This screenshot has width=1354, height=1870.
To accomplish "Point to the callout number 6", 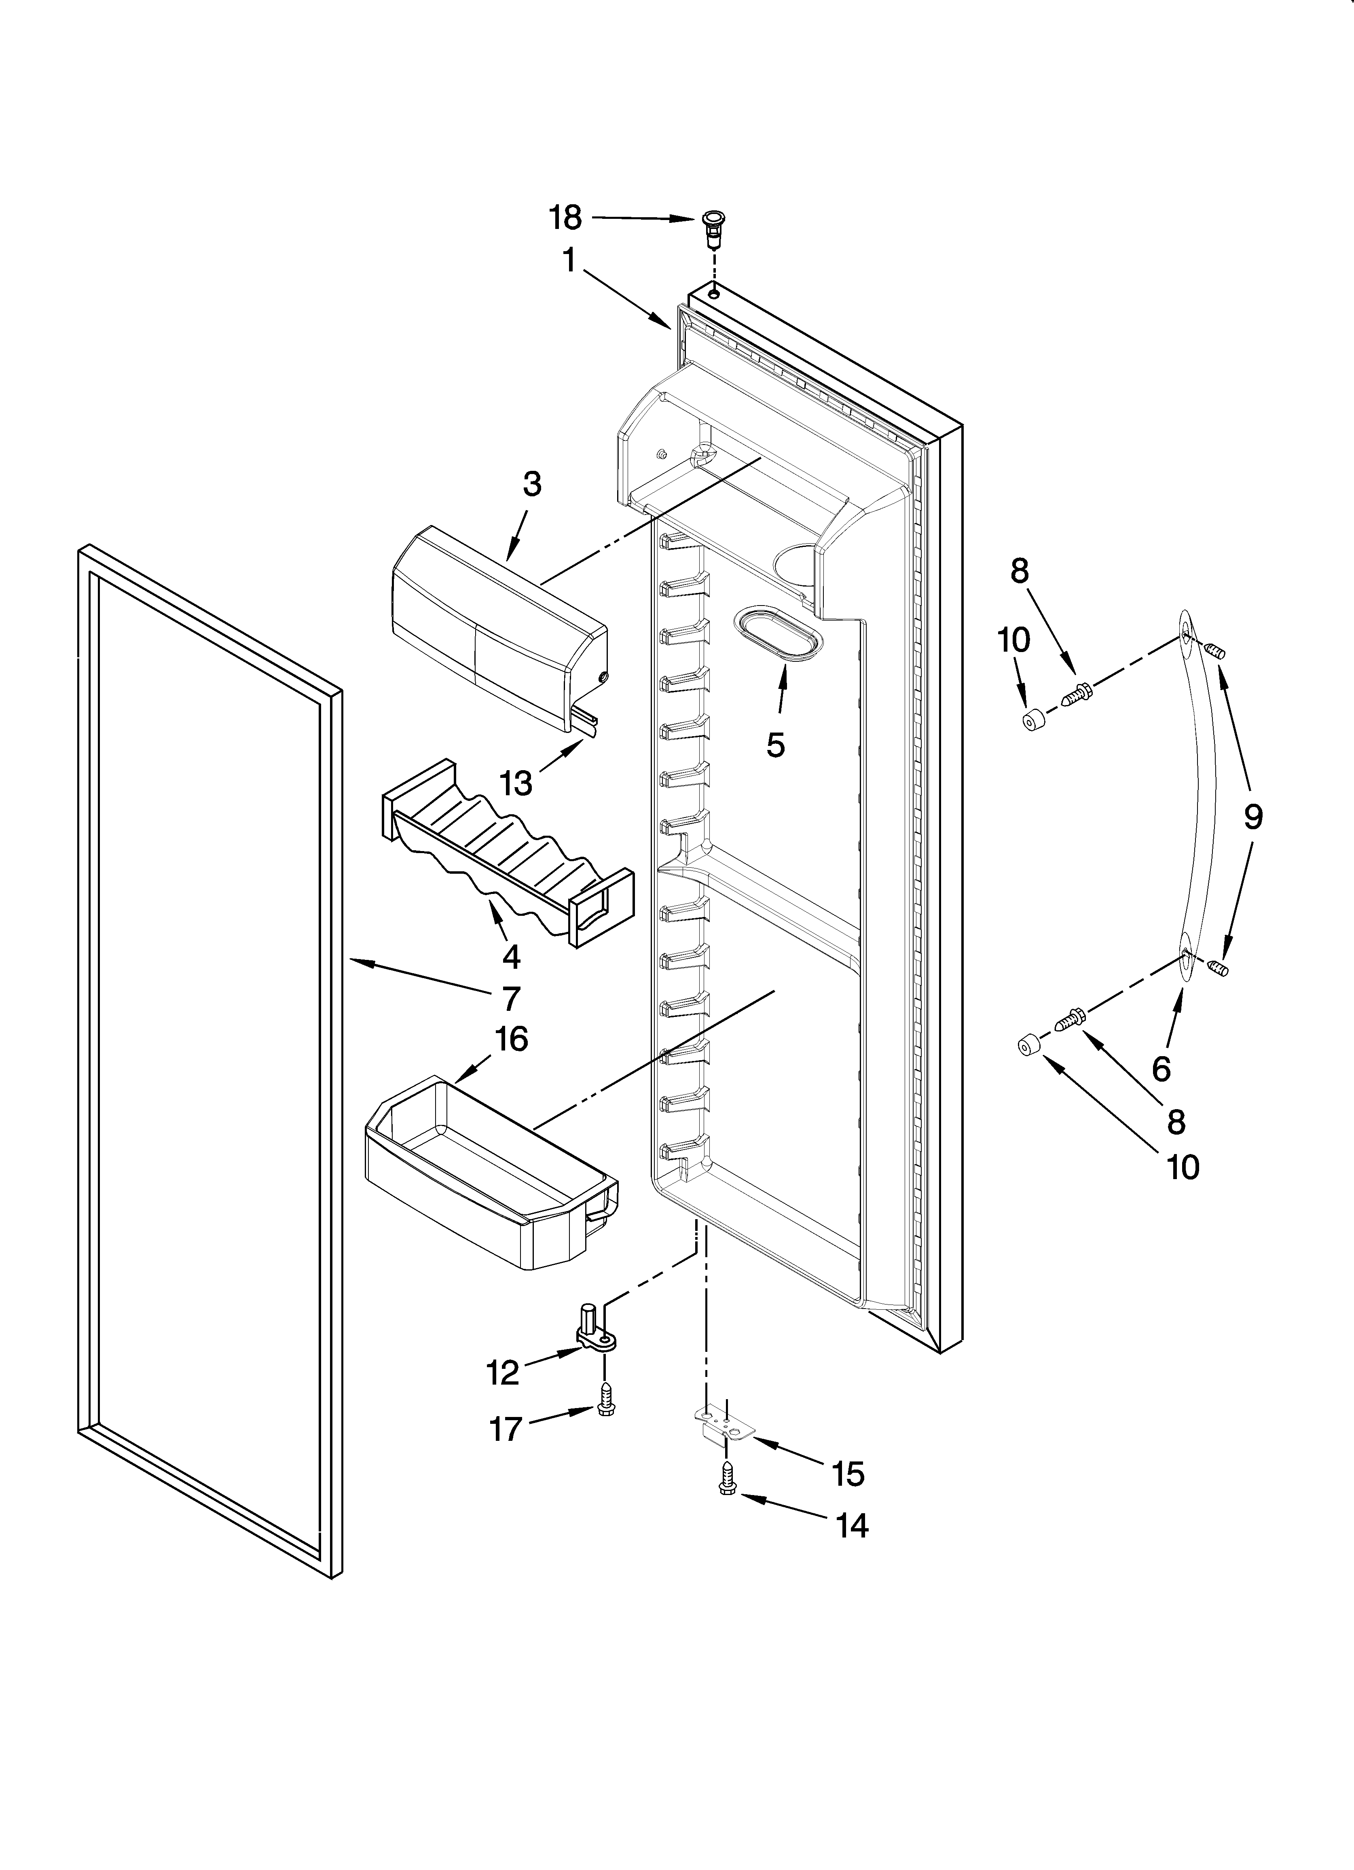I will coord(1161,1069).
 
